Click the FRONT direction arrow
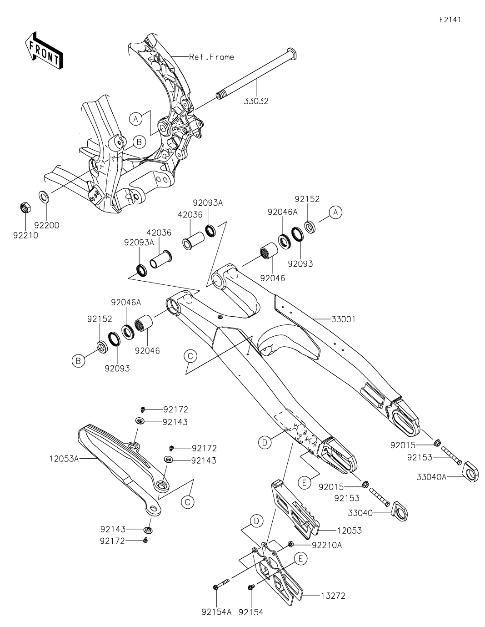[x=44, y=50]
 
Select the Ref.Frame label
[x=211, y=57]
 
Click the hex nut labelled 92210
[x=26, y=208]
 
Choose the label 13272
[x=335, y=595]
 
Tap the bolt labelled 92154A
[x=216, y=587]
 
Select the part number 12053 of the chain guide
[x=336, y=531]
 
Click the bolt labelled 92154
[x=250, y=588]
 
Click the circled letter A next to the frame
[x=135, y=119]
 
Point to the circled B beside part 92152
[x=78, y=361]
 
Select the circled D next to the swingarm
[x=265, y=441]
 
